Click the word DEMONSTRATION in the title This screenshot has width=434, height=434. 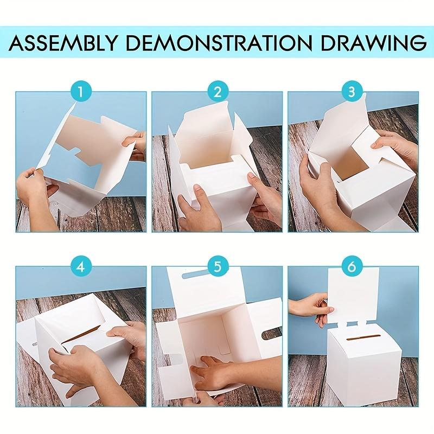coord(220,42)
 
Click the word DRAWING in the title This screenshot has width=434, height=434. coord(373,42)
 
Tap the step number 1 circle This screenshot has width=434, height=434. coord(80,91)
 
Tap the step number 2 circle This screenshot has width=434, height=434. coord(218,91)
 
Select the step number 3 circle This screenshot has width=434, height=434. coord(352,91)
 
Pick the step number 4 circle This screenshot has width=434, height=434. coord(80,267)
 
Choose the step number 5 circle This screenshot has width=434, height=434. coord(218,267)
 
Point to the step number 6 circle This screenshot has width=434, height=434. coord(352,267)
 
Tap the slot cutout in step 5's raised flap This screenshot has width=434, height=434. coord(194,275)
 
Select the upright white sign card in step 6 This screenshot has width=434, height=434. coord(353,297)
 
